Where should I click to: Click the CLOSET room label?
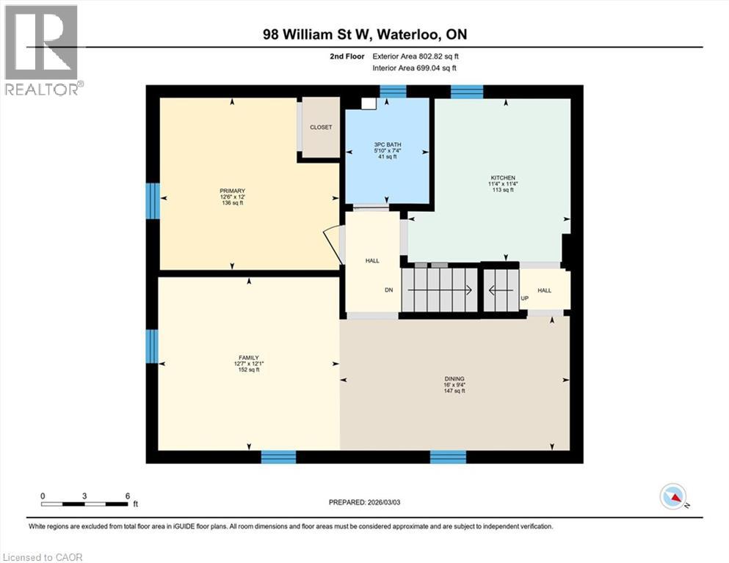[321, 128]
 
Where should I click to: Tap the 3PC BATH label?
[388, 144]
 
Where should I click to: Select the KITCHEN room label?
[504, 178]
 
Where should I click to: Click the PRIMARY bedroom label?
[231, 191]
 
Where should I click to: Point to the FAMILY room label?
[248, 358]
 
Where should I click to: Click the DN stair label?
[389, 290]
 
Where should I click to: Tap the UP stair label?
[524, 299]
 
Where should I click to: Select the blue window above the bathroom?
[393, 91]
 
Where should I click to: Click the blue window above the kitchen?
[466, 91]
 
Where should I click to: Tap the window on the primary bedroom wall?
[153, 200]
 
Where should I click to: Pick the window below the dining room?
[448, 457]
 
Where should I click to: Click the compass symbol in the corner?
[673, 497]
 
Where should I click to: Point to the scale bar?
[85, 503]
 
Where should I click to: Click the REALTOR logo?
[43, 50]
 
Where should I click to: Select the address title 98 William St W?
[365, 34]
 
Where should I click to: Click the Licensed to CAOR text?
[43, 557]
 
